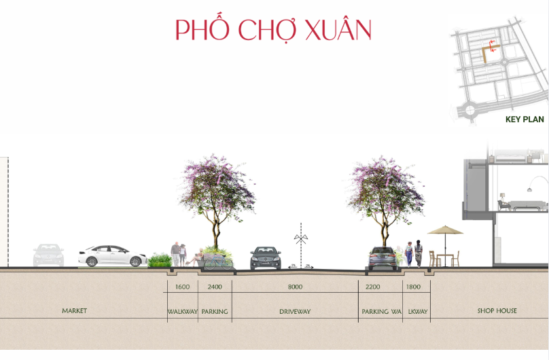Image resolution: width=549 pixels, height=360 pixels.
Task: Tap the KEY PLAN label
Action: [x=525, y=120]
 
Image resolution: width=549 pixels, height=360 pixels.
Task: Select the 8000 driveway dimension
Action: [x=295, y=287]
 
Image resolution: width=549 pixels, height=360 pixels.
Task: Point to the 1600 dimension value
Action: [x=182, y=287]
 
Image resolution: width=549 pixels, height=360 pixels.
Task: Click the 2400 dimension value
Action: [x=215, y=287]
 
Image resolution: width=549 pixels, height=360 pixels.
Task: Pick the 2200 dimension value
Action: [x=372, y=287]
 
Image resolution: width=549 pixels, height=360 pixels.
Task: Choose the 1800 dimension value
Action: [x=413, y=287]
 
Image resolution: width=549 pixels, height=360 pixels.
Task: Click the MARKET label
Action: [x=74, y=310]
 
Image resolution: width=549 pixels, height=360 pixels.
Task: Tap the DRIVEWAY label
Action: [x=295, y=311]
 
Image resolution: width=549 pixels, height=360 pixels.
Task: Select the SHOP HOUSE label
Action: [x=497, y=310]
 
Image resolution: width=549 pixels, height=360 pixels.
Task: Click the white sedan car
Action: [x=112, y=256]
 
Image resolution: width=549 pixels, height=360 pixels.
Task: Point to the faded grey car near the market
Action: [x=49, y=255]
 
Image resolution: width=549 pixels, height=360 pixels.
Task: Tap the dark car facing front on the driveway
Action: [x=266, y=258]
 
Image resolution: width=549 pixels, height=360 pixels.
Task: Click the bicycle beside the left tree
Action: [x=219, y=262]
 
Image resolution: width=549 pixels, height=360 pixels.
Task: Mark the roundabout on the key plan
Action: [x=470, y=111]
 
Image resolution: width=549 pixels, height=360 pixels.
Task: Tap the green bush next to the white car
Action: [x=160, y=261]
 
